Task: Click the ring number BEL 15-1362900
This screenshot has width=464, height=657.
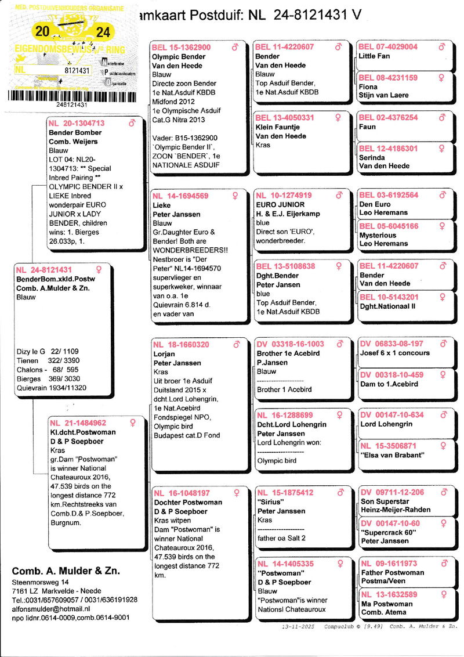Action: [x=182, y=47]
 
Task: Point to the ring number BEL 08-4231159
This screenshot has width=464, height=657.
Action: [x=388, y=78]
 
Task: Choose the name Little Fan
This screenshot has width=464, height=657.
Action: [x=375, y=56]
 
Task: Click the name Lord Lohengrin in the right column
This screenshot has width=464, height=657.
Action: [x=386, y=424]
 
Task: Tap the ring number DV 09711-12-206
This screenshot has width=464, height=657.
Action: [x=392, y=493]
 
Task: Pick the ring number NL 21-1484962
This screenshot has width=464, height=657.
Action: [x=77, y=423]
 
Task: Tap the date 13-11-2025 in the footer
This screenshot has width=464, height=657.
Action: [x=298, y=627]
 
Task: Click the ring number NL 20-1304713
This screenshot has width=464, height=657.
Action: [x=77, y=123]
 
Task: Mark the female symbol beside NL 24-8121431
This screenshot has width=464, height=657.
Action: [x=96, y=269]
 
